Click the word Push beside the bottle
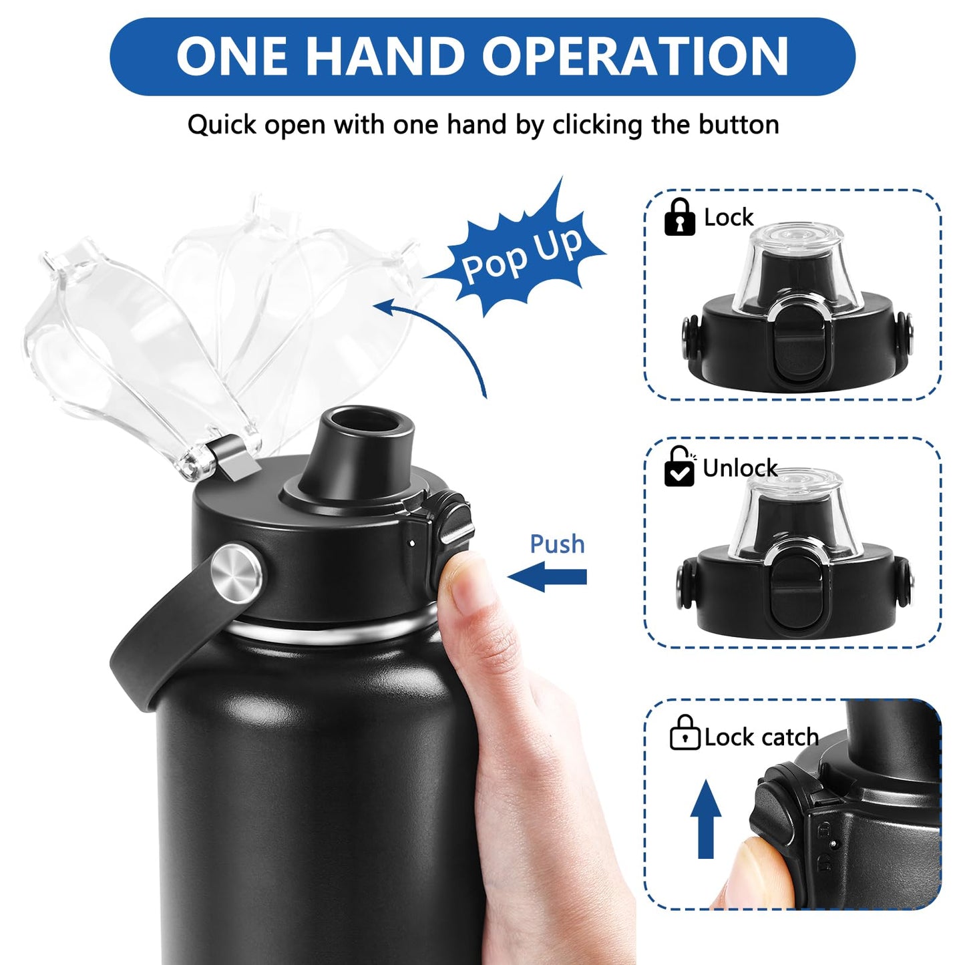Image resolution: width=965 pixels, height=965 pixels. [557, 544]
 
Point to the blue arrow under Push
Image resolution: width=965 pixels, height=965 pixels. [548, 577]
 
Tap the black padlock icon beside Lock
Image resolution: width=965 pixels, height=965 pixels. [680, 217]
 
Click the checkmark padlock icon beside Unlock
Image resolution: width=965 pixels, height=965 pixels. [680, 467]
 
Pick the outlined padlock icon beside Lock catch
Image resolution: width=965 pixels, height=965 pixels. [685, 733]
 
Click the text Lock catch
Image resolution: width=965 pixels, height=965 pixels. [761, 737]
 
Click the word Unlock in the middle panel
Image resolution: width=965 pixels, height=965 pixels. [740, 468]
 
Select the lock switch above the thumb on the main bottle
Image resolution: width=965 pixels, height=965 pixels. [454, 518]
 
